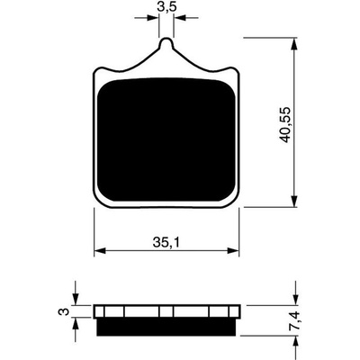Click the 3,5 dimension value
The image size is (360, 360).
[x=166, y=7]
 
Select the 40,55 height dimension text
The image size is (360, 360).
[x=284, y=124]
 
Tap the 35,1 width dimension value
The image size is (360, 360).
[x=166, y=242]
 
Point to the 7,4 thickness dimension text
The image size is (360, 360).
[x=298, y=320]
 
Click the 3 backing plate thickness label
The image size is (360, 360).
[x=64, y=311]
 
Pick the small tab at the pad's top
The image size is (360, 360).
[x=166, y=44]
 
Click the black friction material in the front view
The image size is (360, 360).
[x=166, y=139]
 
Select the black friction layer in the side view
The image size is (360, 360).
[x=166, y=327]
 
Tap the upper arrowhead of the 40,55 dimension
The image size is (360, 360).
[x=295, y=44]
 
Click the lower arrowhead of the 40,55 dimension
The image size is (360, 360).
[x=295, y=201]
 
